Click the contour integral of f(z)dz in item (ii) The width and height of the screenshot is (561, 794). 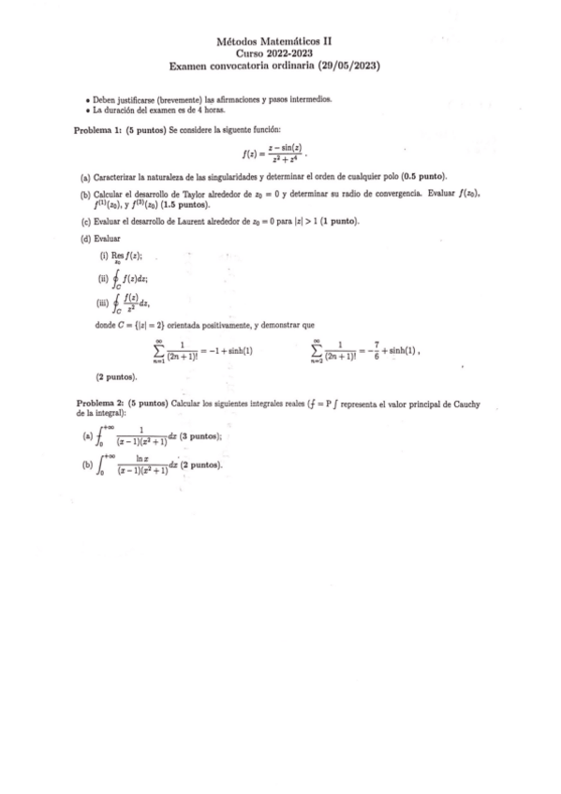tap(130, 279)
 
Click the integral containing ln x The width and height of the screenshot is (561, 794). tap(136, 464)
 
